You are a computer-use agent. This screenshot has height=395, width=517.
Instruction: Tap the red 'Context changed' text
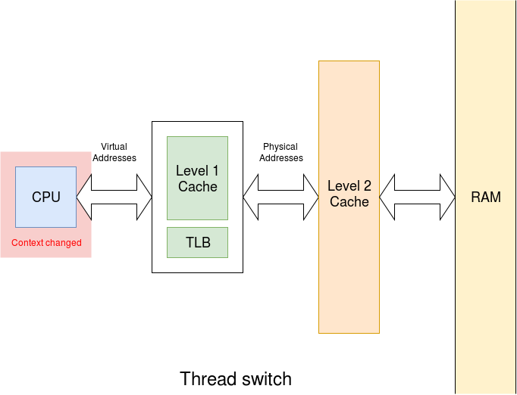46,243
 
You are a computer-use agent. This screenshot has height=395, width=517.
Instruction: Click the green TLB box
197,242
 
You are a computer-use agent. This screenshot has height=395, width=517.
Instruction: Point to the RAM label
486,197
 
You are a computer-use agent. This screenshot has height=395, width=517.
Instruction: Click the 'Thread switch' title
236,378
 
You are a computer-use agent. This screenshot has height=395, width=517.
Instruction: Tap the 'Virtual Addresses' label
114,152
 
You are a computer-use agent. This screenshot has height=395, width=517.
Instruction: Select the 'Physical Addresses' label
280,152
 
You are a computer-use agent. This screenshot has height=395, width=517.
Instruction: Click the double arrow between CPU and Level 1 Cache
121,197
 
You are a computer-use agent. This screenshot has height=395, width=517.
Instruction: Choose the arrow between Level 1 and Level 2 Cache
280,197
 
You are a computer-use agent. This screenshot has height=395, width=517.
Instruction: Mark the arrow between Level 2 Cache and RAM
417,197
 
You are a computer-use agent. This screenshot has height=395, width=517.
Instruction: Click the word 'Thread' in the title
205,378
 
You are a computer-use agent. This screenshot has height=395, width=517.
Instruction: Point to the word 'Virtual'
114,147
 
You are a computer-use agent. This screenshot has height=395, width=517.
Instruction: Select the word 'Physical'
280,147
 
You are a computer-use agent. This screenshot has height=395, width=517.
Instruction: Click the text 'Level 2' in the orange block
349,186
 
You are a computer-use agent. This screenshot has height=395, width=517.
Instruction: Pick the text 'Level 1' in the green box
197,171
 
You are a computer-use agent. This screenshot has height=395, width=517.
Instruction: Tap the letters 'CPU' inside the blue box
45,197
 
